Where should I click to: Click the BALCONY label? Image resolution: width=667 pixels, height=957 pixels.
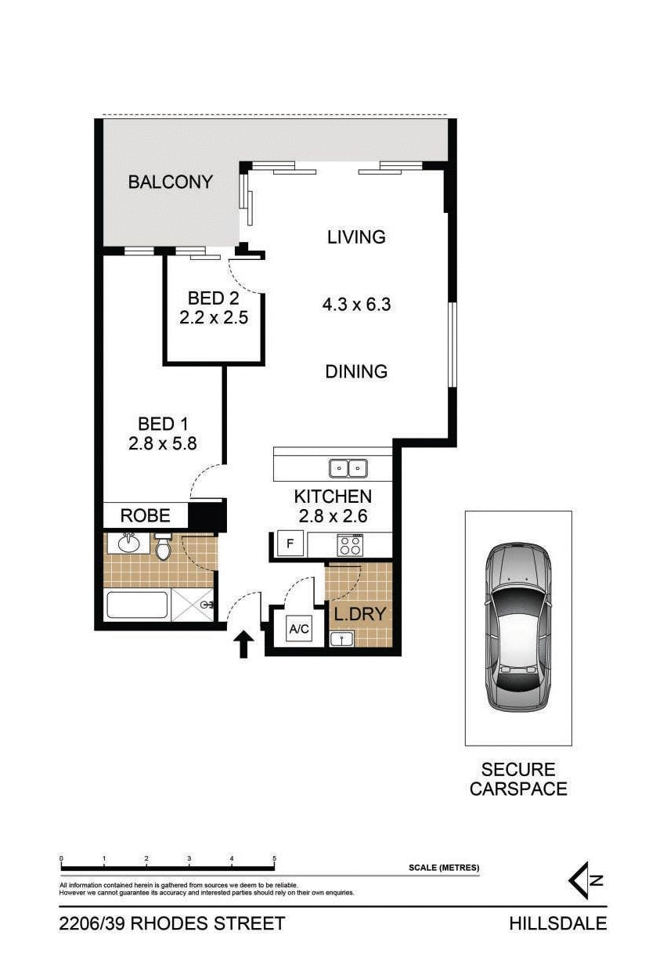170,182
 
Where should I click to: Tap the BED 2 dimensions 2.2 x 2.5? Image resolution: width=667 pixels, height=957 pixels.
214,318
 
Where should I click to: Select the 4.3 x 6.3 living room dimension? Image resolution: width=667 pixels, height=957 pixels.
356,305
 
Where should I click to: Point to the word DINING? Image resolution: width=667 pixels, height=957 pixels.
356,371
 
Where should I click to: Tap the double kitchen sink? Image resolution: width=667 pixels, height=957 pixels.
348,468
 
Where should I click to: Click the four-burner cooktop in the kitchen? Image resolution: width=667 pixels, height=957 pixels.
349,544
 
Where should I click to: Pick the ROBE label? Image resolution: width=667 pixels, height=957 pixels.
145,516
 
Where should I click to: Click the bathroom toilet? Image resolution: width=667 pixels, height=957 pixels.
163,547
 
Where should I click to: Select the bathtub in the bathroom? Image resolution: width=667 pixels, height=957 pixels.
137,606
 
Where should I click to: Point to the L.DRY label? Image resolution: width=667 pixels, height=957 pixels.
359,614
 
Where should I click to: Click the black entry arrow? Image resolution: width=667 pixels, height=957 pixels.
243,644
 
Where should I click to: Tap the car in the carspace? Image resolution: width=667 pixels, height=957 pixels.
517,627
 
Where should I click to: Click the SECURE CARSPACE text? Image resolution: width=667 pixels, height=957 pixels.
518,779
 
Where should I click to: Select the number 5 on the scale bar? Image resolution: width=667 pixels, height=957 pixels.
274,859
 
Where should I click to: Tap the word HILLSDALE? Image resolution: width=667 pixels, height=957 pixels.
557,924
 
